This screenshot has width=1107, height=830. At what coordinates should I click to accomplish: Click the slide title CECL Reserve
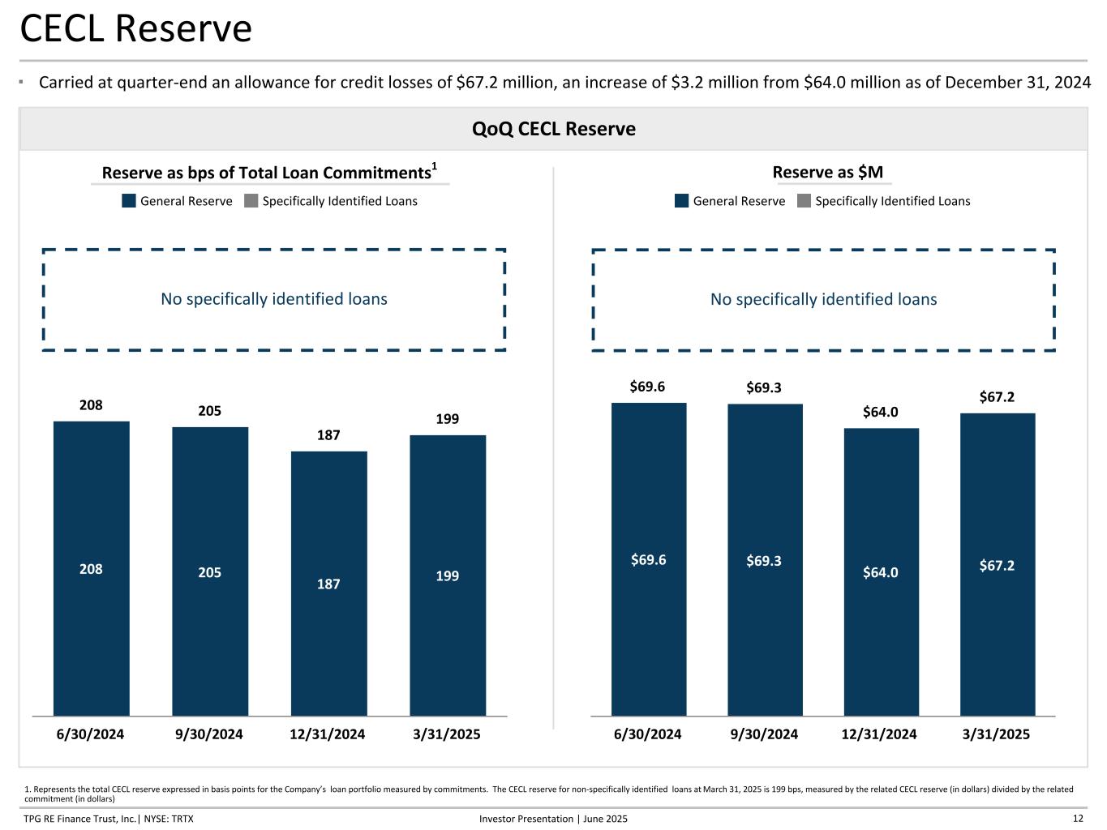pos(135,28)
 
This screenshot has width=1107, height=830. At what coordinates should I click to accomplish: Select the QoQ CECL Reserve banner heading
pos(553,129)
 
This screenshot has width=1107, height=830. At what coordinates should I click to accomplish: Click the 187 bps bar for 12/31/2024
pos(328,583)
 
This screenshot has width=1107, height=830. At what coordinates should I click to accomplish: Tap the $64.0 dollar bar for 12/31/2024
pos(881,571)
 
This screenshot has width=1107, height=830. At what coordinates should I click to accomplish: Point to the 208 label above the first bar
pos(91,404)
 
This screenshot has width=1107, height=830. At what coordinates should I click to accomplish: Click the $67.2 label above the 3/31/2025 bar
pos(997,396)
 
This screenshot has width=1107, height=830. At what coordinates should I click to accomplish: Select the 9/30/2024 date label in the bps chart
pos(208,734)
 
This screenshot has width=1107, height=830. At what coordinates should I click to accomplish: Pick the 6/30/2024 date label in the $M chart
pos(647,734)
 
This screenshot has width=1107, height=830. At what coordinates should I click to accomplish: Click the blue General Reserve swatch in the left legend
pos(129,200)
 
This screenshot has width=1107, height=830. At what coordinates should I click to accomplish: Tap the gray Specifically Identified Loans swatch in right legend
pos(804,200)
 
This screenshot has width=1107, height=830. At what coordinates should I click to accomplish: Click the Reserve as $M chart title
pos(827,173)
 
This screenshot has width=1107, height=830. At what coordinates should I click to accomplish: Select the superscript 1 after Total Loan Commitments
pos(434,166)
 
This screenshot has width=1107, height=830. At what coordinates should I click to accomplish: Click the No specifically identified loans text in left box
pos(274,299)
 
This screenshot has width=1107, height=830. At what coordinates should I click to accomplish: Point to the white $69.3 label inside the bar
pos(764,560)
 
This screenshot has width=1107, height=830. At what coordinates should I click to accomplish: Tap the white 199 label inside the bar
pos(448,575)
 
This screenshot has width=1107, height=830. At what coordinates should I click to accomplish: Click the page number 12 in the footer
pos(1078,819)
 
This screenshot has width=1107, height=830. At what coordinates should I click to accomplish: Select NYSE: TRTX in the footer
pos(169,819)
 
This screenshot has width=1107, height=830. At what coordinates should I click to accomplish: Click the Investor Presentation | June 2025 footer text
pos(553,819)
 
